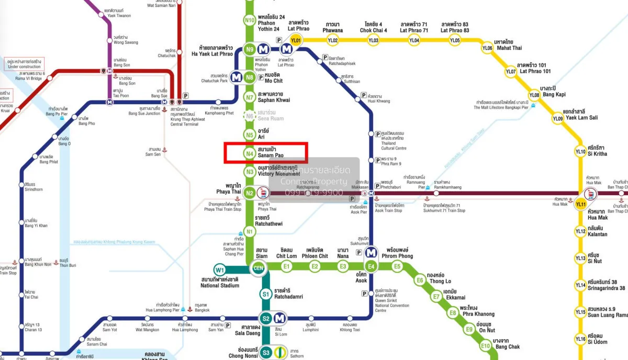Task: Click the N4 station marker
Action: [x=250, y=153]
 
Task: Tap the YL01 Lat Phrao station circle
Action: [x=296, y=40]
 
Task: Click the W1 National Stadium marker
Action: [x=220, y=270]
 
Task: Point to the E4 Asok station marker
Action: [x=372, y=267]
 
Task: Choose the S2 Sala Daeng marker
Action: [x=266, y=318]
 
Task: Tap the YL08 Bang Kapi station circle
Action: [x=534, y=95]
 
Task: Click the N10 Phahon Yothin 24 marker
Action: [x=250, y=21]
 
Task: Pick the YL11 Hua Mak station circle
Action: [x=580, y=205]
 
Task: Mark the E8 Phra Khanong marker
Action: [x=453, y=313]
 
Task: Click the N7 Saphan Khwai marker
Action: [x=250, y=97]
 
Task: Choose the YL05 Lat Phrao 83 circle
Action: [x=455, y=40]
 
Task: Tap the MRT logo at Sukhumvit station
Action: [x=372, y=253]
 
